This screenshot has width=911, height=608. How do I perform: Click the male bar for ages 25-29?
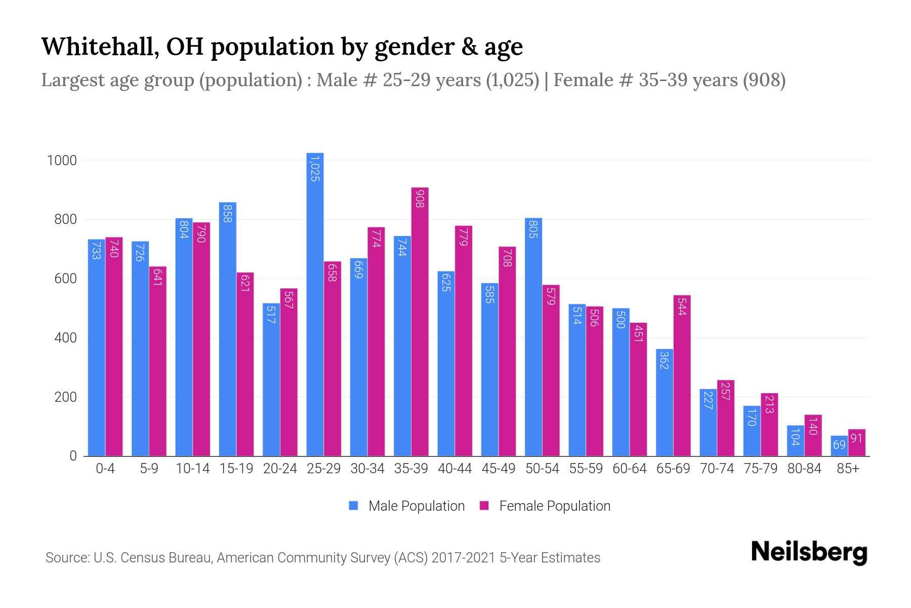(x=315, y=304)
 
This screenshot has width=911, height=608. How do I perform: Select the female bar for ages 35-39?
(x=420, y=322)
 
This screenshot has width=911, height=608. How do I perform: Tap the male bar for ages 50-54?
(x=533, y=337)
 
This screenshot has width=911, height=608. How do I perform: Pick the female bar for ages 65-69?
(x=682, y=375)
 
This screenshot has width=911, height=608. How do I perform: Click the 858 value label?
(x=227, y=213)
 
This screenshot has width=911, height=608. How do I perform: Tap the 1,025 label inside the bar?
(x=315, y=169)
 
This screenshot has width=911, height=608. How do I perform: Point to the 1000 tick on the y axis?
(x=62, y=161)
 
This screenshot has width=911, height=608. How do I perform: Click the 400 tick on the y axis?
(x=65, y=338)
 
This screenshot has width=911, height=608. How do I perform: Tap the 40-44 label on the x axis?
(x=454, y=469)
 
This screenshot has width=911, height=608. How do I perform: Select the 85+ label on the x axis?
(x=848, y=469)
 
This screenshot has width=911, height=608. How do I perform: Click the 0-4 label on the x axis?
(x=105, y=469)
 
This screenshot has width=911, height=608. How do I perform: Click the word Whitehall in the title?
(x=99, y=47)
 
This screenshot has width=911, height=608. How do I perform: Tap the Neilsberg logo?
(x=809, y=552)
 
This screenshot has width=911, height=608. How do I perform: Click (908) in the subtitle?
(x=764, y=80)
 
